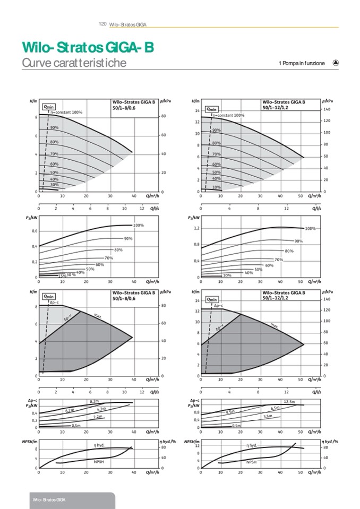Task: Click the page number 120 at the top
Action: [x=102, y=24]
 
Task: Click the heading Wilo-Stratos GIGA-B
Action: [x=88, y=48]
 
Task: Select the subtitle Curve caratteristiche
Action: [x=74, y=63]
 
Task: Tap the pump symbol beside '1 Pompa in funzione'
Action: [x=336, y=63]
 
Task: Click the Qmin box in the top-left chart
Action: [x=49, y=107]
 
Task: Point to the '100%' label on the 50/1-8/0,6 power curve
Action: [x=139, y=226]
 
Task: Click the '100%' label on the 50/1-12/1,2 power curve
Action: [x=311, y=229]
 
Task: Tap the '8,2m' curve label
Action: [x=95, y=401]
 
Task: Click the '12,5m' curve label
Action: [x=289, y=401]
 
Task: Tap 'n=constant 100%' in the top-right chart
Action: [x=228, y=115]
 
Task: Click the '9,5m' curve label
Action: [x=230, y=412]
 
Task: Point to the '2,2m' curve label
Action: [x=98, y=417]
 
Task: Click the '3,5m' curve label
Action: [x=268, y=417]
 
